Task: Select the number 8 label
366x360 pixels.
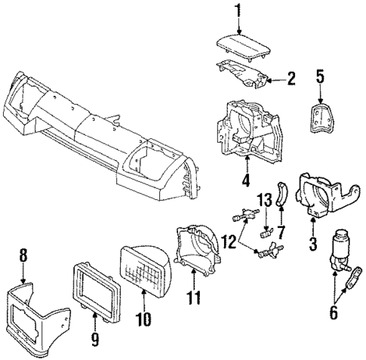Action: click(x=23, y=257)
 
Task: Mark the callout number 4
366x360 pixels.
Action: click(x=245, y=181)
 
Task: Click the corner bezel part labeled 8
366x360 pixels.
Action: click(x=38, y=317)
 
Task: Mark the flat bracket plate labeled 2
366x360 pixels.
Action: click(x=245, y=75)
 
